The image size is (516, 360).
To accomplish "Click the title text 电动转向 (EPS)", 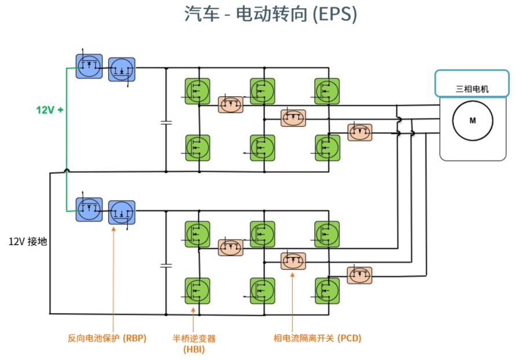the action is (x=296, y=14).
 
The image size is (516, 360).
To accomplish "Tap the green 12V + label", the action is (x=50, y=110).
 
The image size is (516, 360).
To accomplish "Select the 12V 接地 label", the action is (x=28, y=242).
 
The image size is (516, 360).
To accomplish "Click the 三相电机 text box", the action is (x=472, y=83).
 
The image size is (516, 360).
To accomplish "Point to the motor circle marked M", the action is (x=473, y=121).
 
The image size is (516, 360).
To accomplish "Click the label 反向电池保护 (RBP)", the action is (x=107, y=338).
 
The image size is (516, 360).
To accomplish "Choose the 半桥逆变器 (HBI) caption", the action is (x=194, y=344).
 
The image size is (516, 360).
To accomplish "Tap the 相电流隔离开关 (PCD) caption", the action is (x=317, y=338).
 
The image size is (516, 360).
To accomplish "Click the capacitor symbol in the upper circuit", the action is (x=166, y=123).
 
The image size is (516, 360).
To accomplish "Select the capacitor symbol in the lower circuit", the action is (x=166, y=266).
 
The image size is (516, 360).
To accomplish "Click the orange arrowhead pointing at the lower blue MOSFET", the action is (x=114, y=229).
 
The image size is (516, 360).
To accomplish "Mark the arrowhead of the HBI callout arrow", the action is (x=193, y=310).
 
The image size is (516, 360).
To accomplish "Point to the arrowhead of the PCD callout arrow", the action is (x=292, y=275).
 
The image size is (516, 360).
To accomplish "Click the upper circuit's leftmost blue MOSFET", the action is (x=89, y=66).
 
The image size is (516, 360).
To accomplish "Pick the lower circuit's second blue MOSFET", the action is (x=122, y=212).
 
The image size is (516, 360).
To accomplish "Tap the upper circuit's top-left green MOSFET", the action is (x=197, y=91).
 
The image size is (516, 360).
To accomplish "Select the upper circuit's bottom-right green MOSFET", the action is (x=327, y=148).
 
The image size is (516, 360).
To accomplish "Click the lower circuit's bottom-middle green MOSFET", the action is (x=262, y=291).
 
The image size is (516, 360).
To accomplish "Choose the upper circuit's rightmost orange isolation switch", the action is (x=360, y=132).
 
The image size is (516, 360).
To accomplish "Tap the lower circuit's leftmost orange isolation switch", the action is (x=231, y=248).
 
